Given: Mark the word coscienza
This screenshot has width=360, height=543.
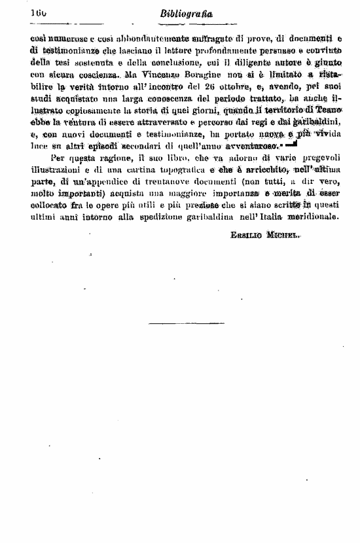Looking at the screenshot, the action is (x=89, y=77).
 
